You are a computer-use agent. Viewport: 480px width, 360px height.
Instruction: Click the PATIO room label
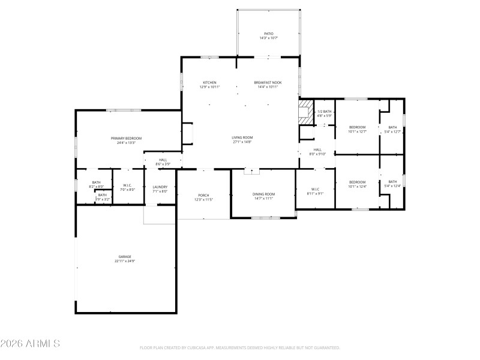(x=268, y=34)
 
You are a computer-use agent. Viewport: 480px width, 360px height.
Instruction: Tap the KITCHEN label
(x=209, y=82)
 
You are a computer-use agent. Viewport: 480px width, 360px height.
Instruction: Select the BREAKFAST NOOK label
(x=268, y=82)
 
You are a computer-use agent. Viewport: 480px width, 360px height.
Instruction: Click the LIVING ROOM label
(x=242, y=137)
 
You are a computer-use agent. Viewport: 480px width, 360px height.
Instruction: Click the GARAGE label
(x=124, y=256)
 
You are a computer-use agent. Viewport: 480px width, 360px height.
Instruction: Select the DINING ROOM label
(x=263, y=194)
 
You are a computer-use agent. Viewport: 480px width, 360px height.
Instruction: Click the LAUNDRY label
(x=160, y=187)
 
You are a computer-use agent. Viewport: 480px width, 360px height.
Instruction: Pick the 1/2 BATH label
(x=324, y=112)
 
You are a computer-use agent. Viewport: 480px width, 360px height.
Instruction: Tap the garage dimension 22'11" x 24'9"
(x=124, y=261)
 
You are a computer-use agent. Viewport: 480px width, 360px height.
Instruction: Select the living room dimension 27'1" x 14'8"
(x=242, y=142)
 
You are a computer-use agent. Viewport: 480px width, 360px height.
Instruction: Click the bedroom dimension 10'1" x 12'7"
(x=358, y=131)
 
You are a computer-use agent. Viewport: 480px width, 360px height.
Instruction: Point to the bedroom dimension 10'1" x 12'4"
(x=358, y=186)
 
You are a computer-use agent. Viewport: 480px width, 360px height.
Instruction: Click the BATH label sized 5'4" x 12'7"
(x=392, y=127)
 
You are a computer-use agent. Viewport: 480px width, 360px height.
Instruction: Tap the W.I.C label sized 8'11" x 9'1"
(x=315, y=189)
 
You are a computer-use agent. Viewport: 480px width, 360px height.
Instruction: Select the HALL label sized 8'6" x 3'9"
(x=163, y=160)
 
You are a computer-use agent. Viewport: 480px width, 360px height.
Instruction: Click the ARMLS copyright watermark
(x=30, y=344)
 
